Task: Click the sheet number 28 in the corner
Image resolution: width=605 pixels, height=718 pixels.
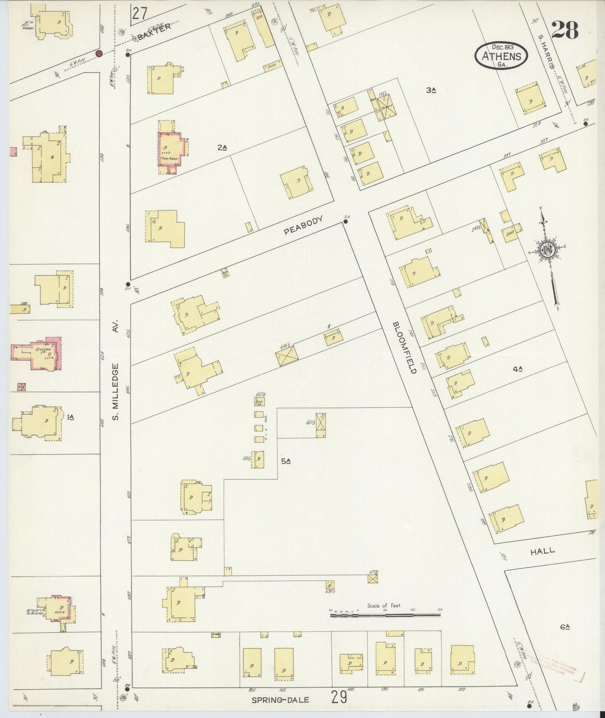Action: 564,30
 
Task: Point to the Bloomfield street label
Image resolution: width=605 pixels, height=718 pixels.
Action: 404,348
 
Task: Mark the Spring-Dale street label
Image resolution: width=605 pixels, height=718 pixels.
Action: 280,700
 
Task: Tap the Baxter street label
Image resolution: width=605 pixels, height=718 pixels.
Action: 154,31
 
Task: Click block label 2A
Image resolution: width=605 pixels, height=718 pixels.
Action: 222,147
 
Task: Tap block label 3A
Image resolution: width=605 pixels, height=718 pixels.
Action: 431,89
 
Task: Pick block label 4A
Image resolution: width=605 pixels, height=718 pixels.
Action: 518,369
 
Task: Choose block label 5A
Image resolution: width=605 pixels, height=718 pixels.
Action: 286,461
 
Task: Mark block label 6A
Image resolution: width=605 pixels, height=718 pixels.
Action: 565,627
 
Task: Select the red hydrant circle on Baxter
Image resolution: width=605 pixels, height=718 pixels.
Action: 99,53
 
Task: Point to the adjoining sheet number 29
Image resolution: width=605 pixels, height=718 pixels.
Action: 339,697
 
